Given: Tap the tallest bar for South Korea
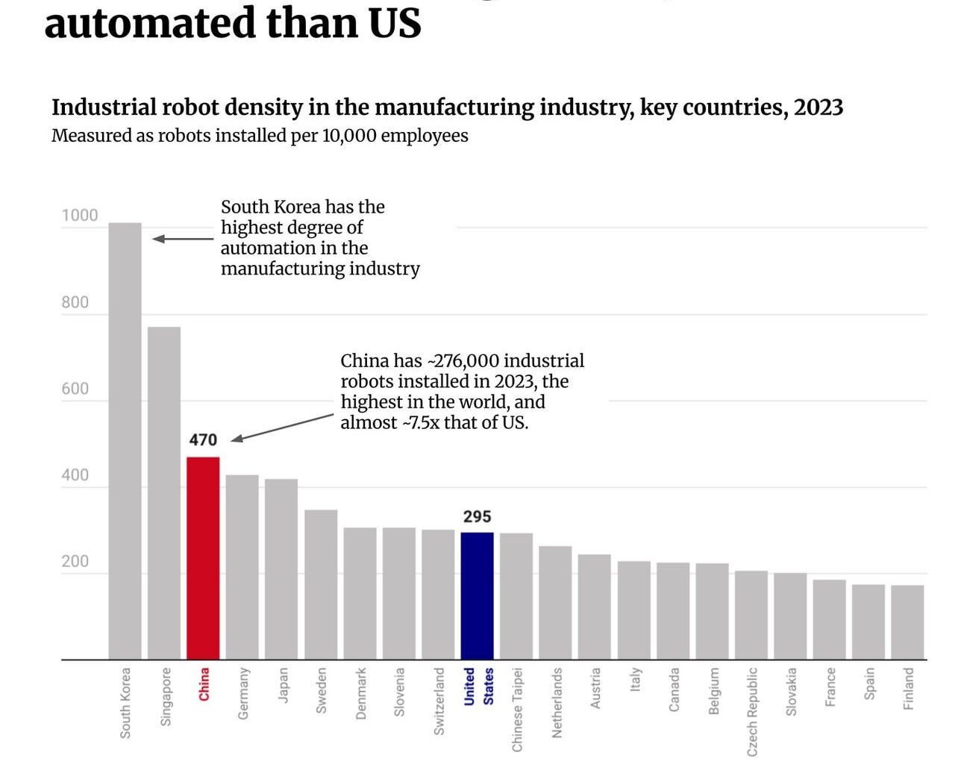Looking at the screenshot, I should coord(125,440).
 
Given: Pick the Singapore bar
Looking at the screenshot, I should coord(163,492).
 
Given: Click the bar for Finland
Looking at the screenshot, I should coord(907,622).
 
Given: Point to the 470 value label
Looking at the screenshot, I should coord(203,440).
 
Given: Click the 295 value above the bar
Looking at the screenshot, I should coord(477,516).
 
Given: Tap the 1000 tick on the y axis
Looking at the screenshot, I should coord(79,216).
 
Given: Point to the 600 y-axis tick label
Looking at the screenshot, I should coord(75,389).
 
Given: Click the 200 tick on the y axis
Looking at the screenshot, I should coord(75,562).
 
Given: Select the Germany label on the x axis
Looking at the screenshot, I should coord(243,693).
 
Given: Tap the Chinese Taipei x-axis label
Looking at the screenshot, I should coord(517,710).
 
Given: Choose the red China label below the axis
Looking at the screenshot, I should coord(204,684).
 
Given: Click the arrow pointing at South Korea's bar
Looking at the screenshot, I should coord(183,239).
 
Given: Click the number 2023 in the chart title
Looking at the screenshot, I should coord(818,107).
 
